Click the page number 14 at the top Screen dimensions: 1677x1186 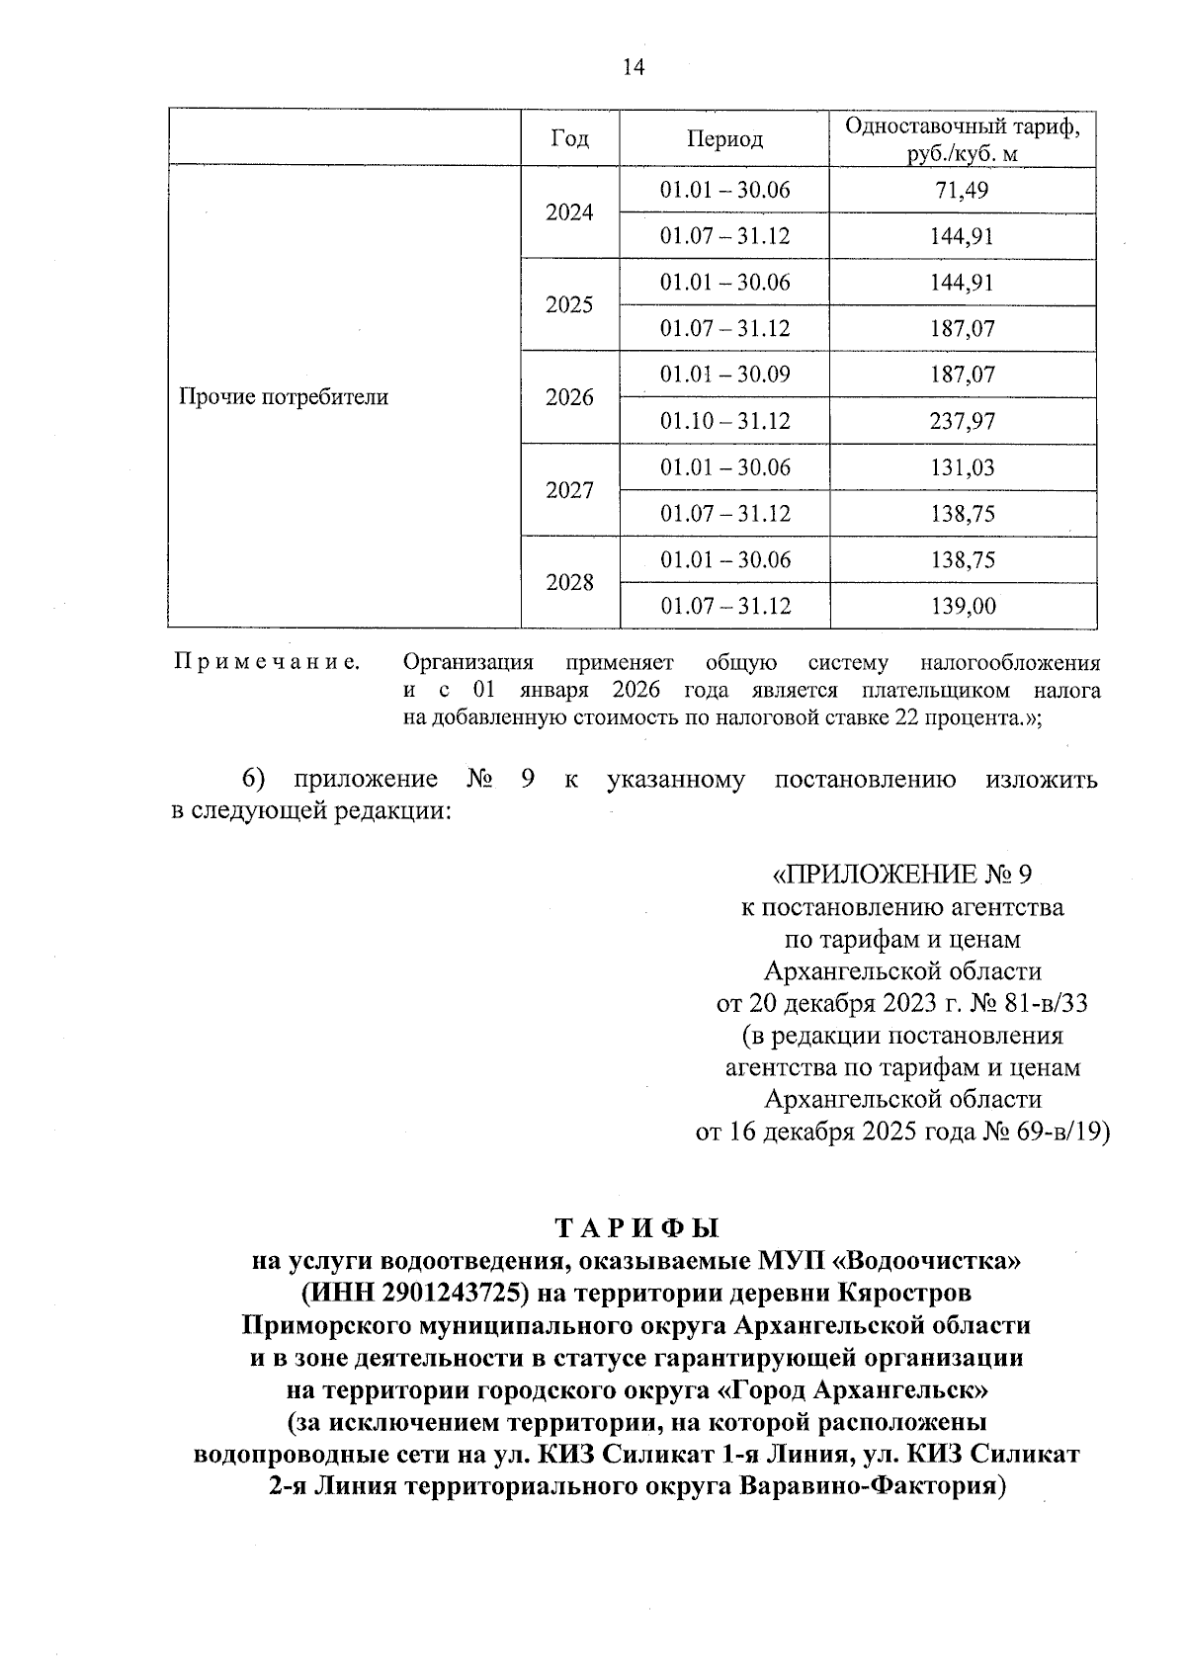633,67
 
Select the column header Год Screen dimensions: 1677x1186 569,139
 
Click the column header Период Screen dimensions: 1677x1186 724,139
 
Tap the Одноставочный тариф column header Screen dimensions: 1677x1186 963,139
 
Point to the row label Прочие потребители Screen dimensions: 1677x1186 284,397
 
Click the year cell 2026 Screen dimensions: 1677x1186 569,397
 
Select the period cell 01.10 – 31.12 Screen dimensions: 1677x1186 724,421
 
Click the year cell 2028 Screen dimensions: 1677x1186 569,582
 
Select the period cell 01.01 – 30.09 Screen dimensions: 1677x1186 724,375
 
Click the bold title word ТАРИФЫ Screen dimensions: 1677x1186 637,1228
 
